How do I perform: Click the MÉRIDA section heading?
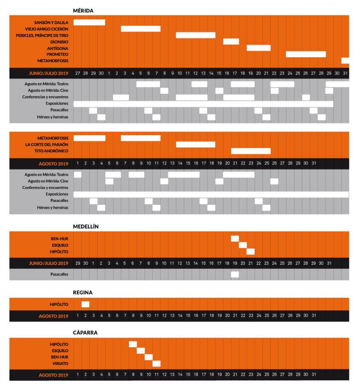pos(83,11)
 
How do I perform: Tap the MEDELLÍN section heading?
pos(86,226)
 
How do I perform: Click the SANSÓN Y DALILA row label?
pos(52,22)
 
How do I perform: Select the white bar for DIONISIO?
pos(231,41)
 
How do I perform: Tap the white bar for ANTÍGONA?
pos(258,48)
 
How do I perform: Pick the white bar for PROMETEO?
pos(306,54)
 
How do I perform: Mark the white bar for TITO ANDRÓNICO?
pos(251,151)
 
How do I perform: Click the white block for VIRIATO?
pos(156,363)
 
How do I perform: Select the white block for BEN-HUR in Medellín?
pos(235,239)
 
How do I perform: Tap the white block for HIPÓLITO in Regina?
pos(85,304)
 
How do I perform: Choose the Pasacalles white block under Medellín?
pos(235,274)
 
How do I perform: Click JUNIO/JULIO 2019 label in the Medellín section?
pos(49,263)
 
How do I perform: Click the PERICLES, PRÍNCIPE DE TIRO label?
pos(45,35)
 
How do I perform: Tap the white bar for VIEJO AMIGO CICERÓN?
pos(140,29)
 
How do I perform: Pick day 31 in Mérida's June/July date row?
pos(345,73)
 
